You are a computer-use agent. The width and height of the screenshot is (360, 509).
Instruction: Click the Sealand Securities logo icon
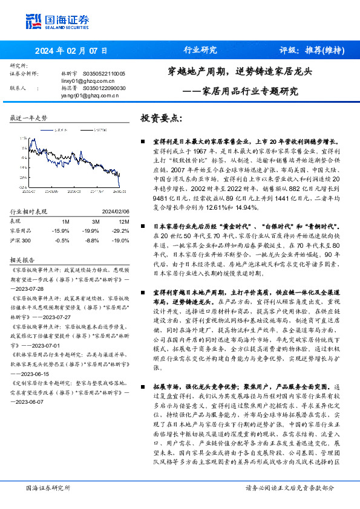(34, 22)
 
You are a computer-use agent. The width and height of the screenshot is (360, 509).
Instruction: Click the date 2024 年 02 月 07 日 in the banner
(72, 51)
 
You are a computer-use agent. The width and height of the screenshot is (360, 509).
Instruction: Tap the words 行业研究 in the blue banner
(200, 51)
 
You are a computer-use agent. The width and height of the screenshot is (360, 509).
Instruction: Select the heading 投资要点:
(161, 117)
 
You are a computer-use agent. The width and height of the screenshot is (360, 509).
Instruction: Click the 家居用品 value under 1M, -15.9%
(61, 230)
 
